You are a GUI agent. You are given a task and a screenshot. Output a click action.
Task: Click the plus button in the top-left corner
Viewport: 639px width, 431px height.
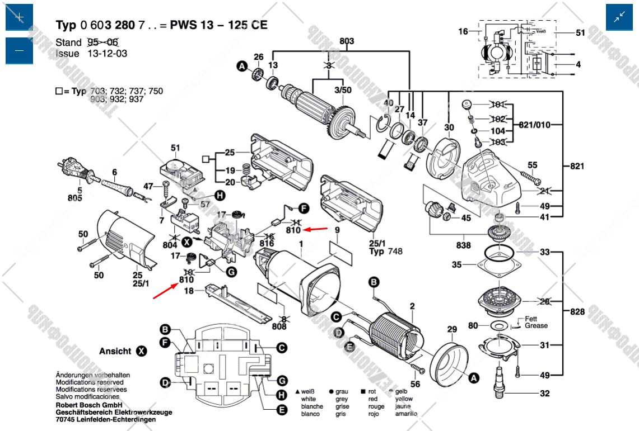(x=19, y=17)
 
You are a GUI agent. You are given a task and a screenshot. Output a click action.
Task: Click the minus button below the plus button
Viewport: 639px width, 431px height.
(x=19, y=51)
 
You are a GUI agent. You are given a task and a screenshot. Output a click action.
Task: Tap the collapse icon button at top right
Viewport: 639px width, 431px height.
(x=619, y=17)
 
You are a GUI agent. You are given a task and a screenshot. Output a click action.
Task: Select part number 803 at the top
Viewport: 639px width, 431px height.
(x=347, y=41)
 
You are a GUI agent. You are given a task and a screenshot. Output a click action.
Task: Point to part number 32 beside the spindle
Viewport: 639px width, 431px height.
(x=544, y=394)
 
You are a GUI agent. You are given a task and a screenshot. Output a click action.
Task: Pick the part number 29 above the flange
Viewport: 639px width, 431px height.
(x=452, y=329)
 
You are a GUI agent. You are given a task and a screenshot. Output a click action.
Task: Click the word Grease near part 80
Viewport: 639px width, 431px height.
(x=536, y=325)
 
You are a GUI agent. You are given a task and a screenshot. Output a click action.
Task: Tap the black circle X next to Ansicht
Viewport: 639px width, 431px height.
(x=142, y=351)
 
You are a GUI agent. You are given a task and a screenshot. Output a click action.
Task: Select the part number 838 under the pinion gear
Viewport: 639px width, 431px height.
(x=464, y=245)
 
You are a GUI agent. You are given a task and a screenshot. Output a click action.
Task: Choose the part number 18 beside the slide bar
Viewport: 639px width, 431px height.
(x=189, y=291)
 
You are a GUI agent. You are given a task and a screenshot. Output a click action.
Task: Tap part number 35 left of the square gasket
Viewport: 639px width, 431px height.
(x=457, y=264)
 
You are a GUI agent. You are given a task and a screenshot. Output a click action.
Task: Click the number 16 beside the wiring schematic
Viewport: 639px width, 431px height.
(x=463, y=32)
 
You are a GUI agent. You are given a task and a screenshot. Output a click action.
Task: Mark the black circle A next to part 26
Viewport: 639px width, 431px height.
(x=242, y=67)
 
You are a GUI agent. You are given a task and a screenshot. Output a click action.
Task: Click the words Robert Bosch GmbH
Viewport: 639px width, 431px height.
(x=89, y=405)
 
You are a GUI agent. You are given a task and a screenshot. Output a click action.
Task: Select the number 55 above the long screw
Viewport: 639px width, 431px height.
(x=532, y=165)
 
